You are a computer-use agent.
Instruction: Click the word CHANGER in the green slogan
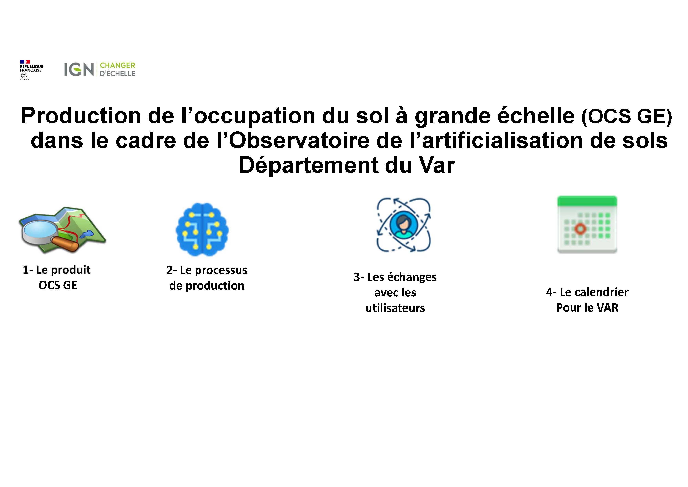pos(117,65)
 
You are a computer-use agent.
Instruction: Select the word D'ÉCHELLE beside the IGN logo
pos(117,73)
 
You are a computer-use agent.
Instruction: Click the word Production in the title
pos(81,116)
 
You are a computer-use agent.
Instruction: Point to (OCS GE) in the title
pos(627,116)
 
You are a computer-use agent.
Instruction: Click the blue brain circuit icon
pos(202,229)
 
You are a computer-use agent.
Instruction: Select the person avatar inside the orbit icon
pos(403,225)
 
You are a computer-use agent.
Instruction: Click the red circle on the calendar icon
pos(580,229)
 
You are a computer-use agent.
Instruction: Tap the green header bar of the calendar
pos(587,201)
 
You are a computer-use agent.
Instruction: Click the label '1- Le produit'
pos(57,270)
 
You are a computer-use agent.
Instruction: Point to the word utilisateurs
pos(395,308)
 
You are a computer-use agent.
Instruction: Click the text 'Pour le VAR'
pos(587,308)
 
